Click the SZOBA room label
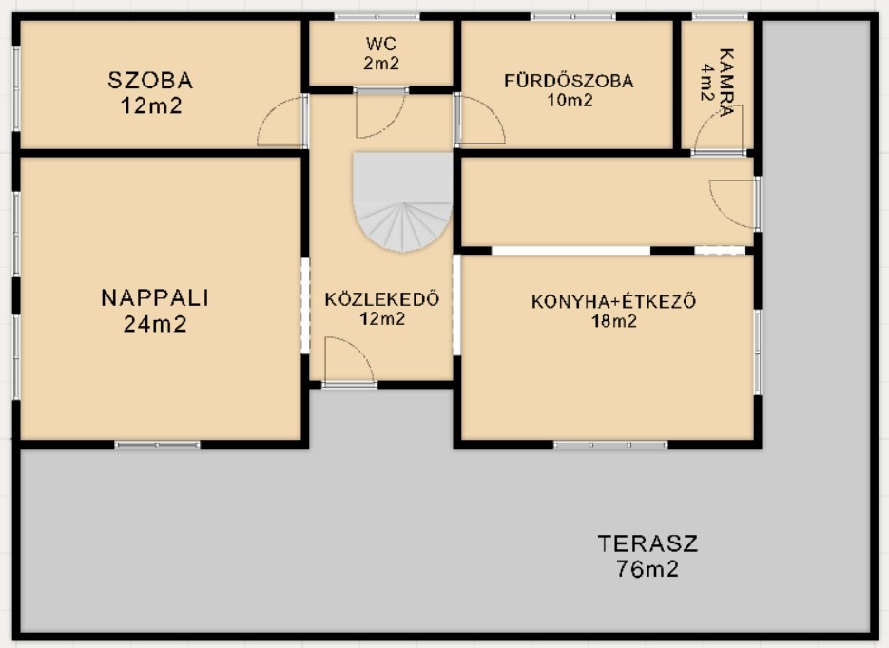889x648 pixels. coord(151,81)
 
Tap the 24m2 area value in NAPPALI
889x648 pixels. coord(154,325)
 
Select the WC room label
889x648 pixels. coord(380,45)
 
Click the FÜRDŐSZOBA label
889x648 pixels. coord(569,81)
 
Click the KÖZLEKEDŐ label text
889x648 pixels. coord(381,299)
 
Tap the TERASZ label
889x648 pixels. coord(647,544)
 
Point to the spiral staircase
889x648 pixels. coord(402,201)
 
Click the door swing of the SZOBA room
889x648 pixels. coord(282,124)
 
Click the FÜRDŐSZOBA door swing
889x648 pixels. coord(479,120)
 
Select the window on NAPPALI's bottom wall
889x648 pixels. coord(158,445)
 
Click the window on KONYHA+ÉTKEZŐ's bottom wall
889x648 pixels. coord(610,445)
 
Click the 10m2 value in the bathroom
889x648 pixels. coord(569,100)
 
